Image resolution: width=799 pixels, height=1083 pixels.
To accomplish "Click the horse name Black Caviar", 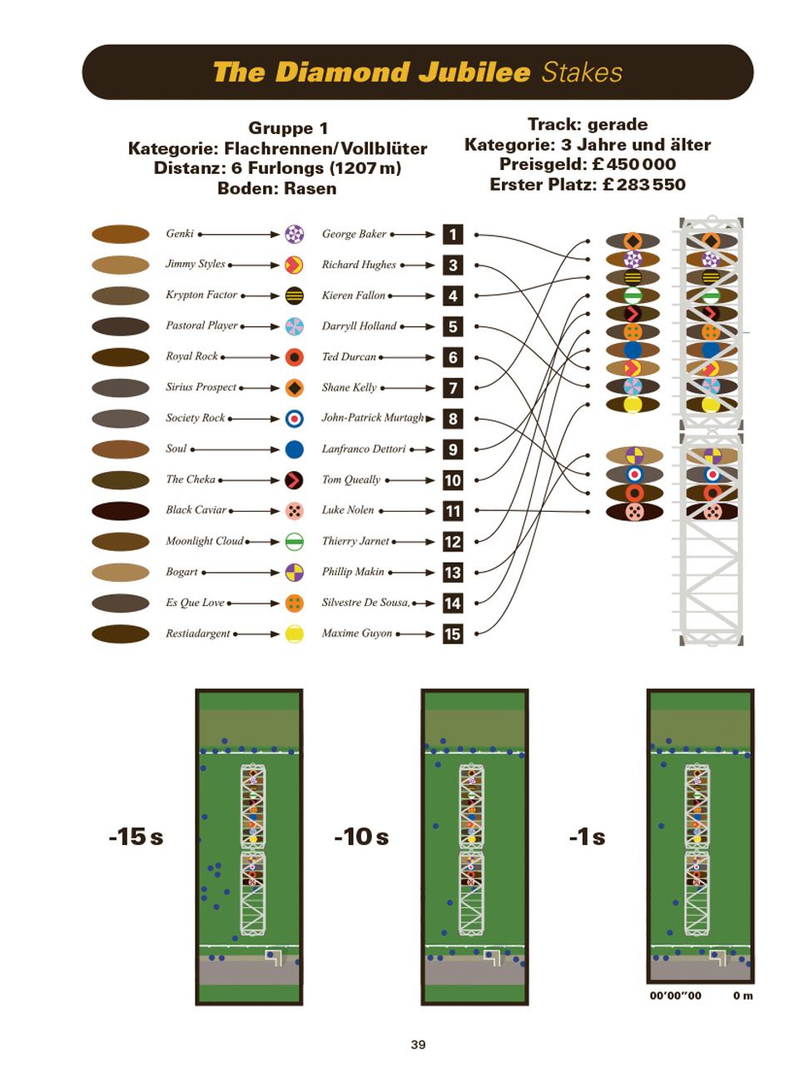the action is pyautogui.click(x=196, y=509).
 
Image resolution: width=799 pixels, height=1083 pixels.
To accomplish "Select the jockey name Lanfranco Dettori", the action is pyautogui.click(x=363, y=449).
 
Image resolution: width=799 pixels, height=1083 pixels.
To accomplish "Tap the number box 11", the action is pyautogui.click(x=452, y=511).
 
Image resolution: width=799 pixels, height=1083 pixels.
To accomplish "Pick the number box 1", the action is pyautogui.click(x=452, y=235).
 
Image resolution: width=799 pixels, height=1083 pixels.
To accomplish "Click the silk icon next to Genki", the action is pyautogui.click(x=294, y=234).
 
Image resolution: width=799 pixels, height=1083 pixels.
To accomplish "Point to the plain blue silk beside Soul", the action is pyautogui.click(x=294, y=450).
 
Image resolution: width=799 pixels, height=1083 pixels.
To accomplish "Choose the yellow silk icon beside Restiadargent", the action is pyautogui.click(x=294, y=633).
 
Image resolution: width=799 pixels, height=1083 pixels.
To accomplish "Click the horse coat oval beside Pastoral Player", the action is pyautogui.click(x=120, y=326).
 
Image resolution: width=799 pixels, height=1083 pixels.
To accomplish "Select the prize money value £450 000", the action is pyautogui.click(x=633, y=164).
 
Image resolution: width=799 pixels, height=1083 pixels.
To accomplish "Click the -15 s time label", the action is pyautogui.click(x=136, y=837).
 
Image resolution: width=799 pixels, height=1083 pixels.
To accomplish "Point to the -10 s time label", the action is pyautogui.click(x=361, y=837).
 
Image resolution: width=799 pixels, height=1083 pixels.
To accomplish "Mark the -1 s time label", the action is pyautogui.click(x=587, y=837).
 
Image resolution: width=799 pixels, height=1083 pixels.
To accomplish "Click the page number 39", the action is pyautogui.click(x=418, y=1045).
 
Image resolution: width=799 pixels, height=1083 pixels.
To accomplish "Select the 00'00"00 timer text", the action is pyautogui.click(x=675, y=996).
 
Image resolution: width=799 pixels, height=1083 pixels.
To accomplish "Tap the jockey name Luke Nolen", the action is pyautogui.click(x=347, y=509).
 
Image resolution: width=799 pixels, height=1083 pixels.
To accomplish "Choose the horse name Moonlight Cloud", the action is pyautogui.click(x=204, y=541).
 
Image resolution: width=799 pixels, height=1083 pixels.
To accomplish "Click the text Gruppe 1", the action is pyautogui.click(x=288, y=128).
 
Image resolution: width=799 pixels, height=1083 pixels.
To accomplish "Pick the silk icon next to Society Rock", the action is pyautogui.click(x=294, y=419).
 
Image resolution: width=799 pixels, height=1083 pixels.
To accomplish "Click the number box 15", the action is pyautogui.click(x=452, y=633).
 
